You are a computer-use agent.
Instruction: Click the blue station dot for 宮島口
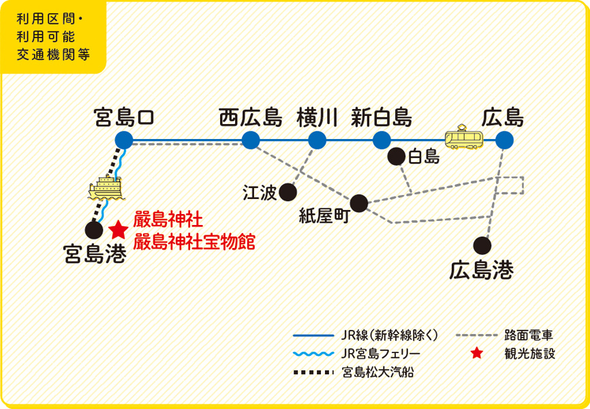(123, 140)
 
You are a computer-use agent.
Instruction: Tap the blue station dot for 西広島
(250, 140)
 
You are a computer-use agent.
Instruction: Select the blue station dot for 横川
(317, 140)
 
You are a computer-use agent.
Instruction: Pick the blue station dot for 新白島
(382, 140)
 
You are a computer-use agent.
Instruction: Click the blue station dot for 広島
(504, 140)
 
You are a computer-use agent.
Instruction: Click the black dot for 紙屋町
(359, 202)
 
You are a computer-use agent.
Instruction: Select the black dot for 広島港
(482, 244)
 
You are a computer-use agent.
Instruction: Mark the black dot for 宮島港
(94, 231)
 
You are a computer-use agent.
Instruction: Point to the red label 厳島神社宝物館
(195, 241)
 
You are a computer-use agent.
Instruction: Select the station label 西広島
(250, 117)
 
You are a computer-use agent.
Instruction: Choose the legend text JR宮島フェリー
(381, 354)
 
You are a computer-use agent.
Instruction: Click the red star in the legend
(478, 354)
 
